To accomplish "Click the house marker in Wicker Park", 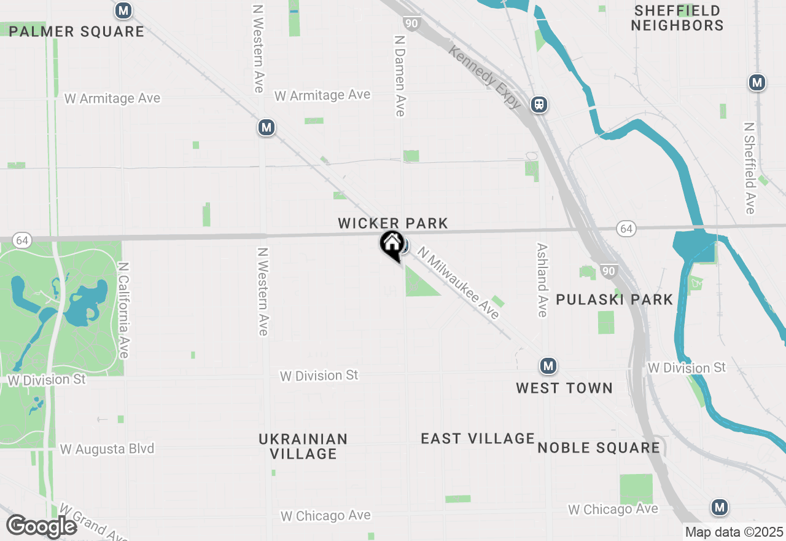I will [x=392, y=245].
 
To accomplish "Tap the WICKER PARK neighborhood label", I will [x=393, y=223].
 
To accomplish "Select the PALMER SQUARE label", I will [x=77, y=31].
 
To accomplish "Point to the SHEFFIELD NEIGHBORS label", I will [x=677, y=18].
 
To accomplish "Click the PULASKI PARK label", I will [x=615, y=299].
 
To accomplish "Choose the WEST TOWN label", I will [x=564, y=388].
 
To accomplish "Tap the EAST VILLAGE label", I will [x=478, y=438].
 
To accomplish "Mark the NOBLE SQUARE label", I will [x=599, y=448].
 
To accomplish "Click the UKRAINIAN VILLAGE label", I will [x=303, y=446].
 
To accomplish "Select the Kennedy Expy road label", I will [x=486, y=77].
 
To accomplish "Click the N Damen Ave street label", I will [x=400, y=75].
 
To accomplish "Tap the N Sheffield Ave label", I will [x=750, y=168].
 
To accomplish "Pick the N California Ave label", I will [x=124, y=310].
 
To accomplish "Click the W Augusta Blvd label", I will [x=107, y=449].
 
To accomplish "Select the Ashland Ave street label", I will [x=542, y=280].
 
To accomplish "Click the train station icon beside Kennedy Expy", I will [x=539, y=105].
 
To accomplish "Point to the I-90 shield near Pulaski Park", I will [x=609, y=271].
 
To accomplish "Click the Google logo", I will [x=42, y=526].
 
